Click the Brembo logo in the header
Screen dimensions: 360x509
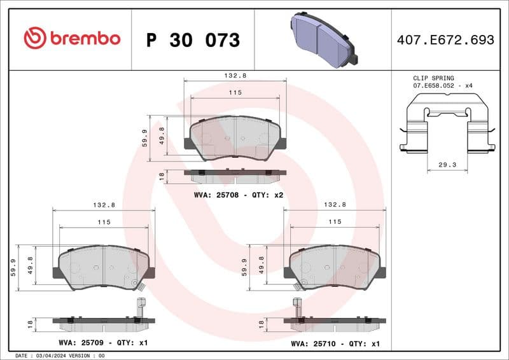coord(71,38)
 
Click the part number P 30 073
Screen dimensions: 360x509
coord(193,40)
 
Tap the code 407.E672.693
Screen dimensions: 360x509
coord(445,40)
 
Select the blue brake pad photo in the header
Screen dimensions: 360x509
coord(324,38)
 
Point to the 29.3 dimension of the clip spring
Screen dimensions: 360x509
coord(448,164)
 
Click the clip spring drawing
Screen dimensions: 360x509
coord(447,125)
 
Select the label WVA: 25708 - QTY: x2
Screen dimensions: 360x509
coord(239,195)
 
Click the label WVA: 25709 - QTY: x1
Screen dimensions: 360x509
coord(104,343)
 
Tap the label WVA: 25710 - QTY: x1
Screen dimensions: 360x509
coord(335,343)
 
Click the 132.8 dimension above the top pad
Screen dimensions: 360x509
coord(235,75)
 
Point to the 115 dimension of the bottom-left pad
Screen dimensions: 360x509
coord(104,222)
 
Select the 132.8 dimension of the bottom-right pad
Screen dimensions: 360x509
coord(335,205)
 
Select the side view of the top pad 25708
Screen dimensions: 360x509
coord(235,172)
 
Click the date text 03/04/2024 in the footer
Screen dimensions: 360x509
coord(47,356)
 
